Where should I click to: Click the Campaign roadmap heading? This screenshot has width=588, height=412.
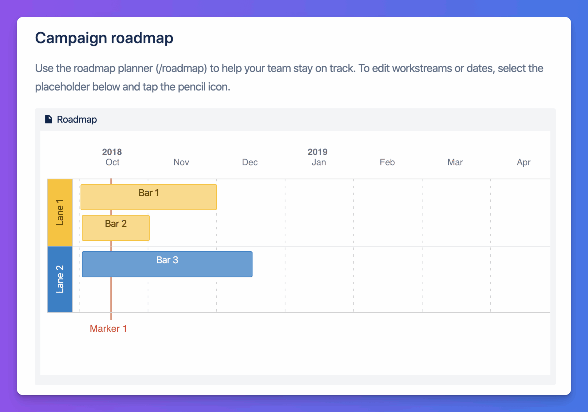(104, 38)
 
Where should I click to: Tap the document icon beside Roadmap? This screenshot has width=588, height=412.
(49, 119)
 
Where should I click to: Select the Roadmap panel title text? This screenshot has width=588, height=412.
(77, 119)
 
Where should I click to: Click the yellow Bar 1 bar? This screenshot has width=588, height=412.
(149, 197)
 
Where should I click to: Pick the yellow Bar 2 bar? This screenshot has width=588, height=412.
(116, 228)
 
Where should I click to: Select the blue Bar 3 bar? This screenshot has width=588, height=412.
(167, 264)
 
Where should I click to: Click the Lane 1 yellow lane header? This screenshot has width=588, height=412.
(60, 212)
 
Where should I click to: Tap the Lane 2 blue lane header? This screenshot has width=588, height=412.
(60, 279)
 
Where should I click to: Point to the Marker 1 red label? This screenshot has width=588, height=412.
(108, 328)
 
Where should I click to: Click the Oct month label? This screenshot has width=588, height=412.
(112, 162)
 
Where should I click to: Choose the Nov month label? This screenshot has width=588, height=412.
(181, 162)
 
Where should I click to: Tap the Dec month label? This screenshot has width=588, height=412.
(250, 162)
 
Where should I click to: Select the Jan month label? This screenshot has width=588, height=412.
(319, 162)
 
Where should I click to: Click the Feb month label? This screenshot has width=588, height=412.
(387, 162)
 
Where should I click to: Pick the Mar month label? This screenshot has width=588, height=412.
(455, 162)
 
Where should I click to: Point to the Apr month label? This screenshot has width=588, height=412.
(524, 162)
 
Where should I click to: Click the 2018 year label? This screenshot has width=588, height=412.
(112, 152)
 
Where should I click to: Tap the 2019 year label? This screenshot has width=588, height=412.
(318, 152)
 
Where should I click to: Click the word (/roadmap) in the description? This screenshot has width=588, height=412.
(181, 68)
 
